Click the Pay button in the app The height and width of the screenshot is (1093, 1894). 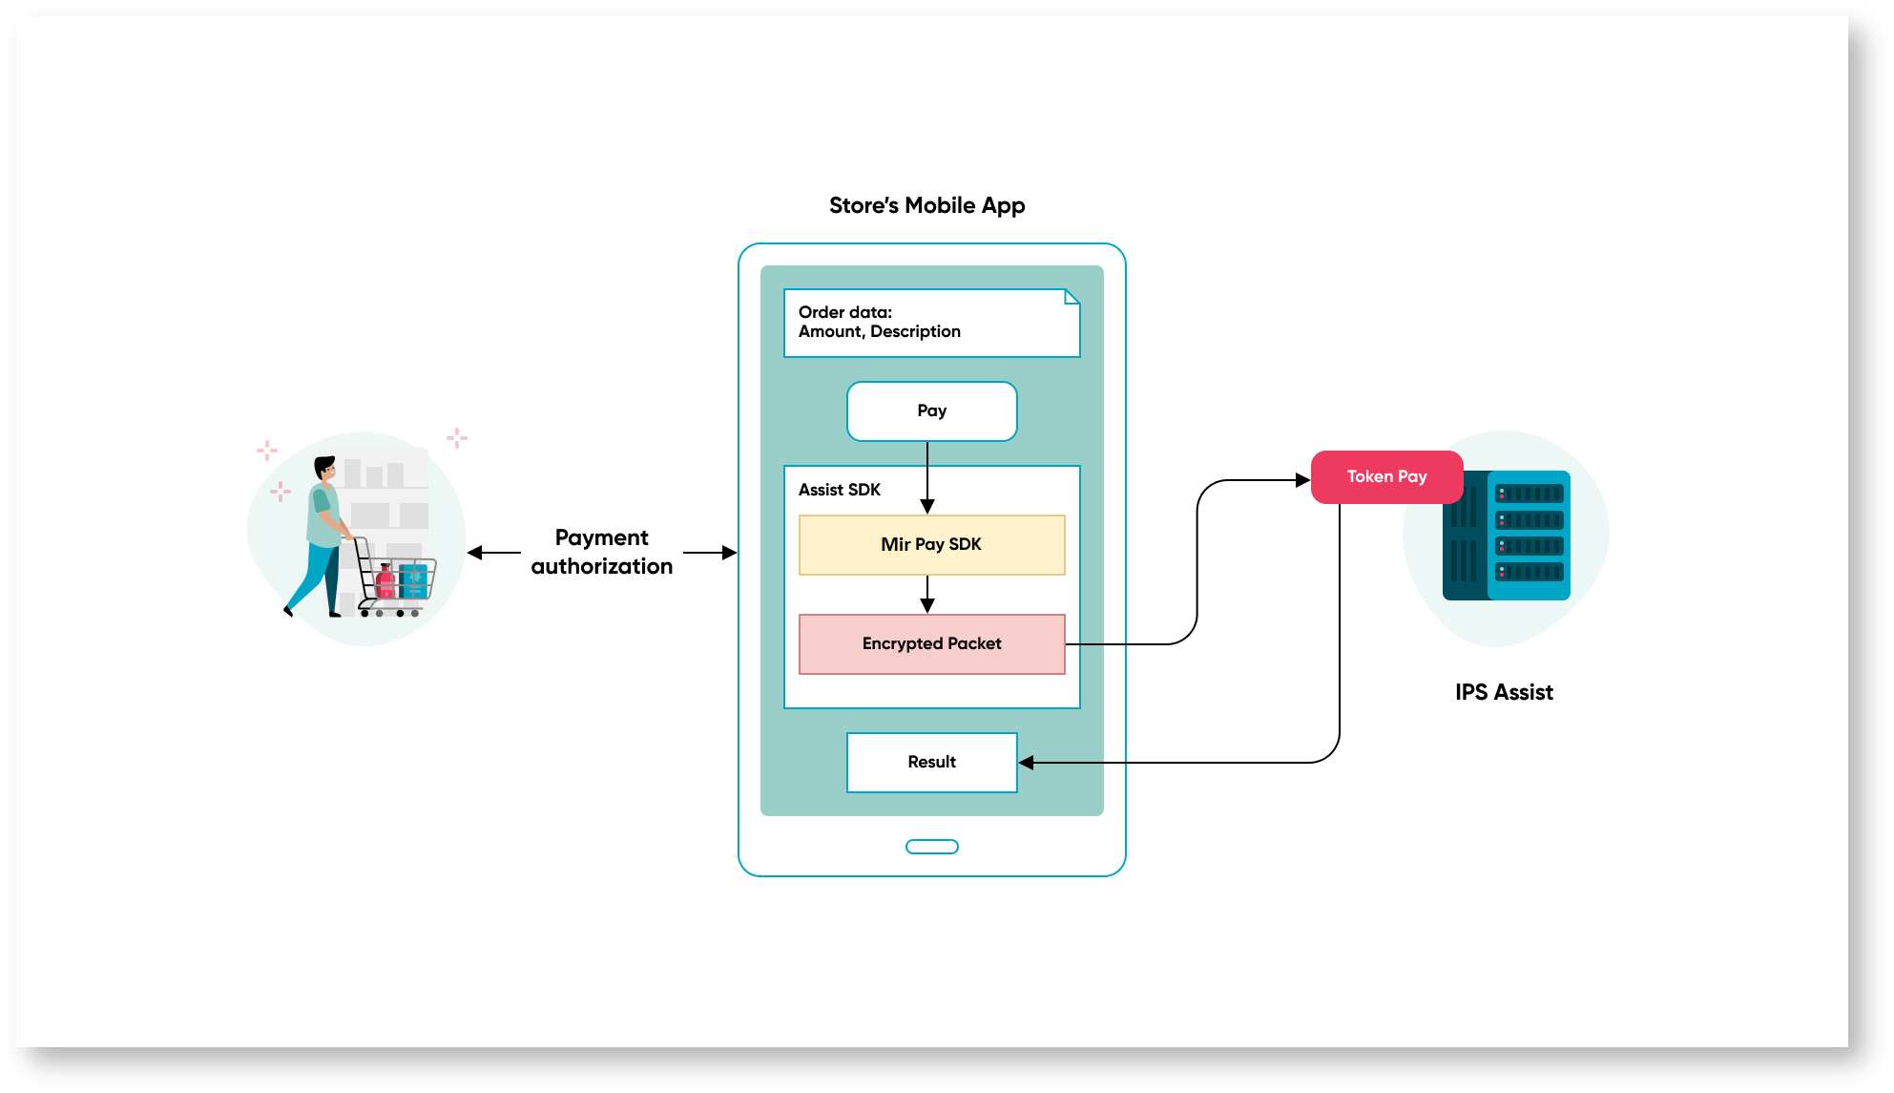pos(931,411)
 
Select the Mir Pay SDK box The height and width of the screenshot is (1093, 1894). pos(931,545)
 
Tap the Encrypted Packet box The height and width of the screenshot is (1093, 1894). pos(931,644)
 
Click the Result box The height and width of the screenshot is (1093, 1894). pos(931,762)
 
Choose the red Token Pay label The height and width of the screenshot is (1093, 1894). pos(1386,476)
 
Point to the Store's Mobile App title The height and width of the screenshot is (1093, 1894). pos(926,205)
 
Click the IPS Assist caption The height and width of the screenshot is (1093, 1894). pos(1504,692)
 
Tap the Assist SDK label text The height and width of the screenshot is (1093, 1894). pos(840,490)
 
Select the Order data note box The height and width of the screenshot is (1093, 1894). pos(931,323)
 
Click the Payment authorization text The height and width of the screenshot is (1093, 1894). pos(602,552)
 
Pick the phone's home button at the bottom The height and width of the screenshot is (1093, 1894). pos(931,847)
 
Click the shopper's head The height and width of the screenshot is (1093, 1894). pos(325,470)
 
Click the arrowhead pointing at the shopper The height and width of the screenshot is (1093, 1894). pos(474,553)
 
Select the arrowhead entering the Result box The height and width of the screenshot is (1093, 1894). pos(1027,763)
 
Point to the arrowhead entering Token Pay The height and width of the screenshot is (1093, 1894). pos(1302,480)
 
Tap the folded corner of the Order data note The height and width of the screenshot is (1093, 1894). pos(1072,297)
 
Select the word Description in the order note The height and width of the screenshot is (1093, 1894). pos(915,331)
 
